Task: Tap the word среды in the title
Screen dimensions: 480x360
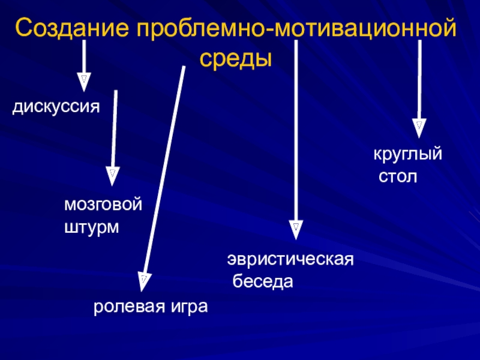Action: [x=235, y=59]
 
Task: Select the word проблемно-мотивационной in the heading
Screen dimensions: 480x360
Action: [x=298, y=29]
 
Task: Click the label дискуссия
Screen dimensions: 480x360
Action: [x=56, y=108]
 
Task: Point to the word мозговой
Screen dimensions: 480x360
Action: [x=103, y=205]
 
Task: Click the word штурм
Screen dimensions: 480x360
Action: [x=91, y=228]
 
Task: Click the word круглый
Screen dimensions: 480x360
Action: [x=408, y=155]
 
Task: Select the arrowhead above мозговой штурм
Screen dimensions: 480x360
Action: [x=112, y=175]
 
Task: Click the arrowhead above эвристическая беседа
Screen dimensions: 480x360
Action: [x=295, y=228]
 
